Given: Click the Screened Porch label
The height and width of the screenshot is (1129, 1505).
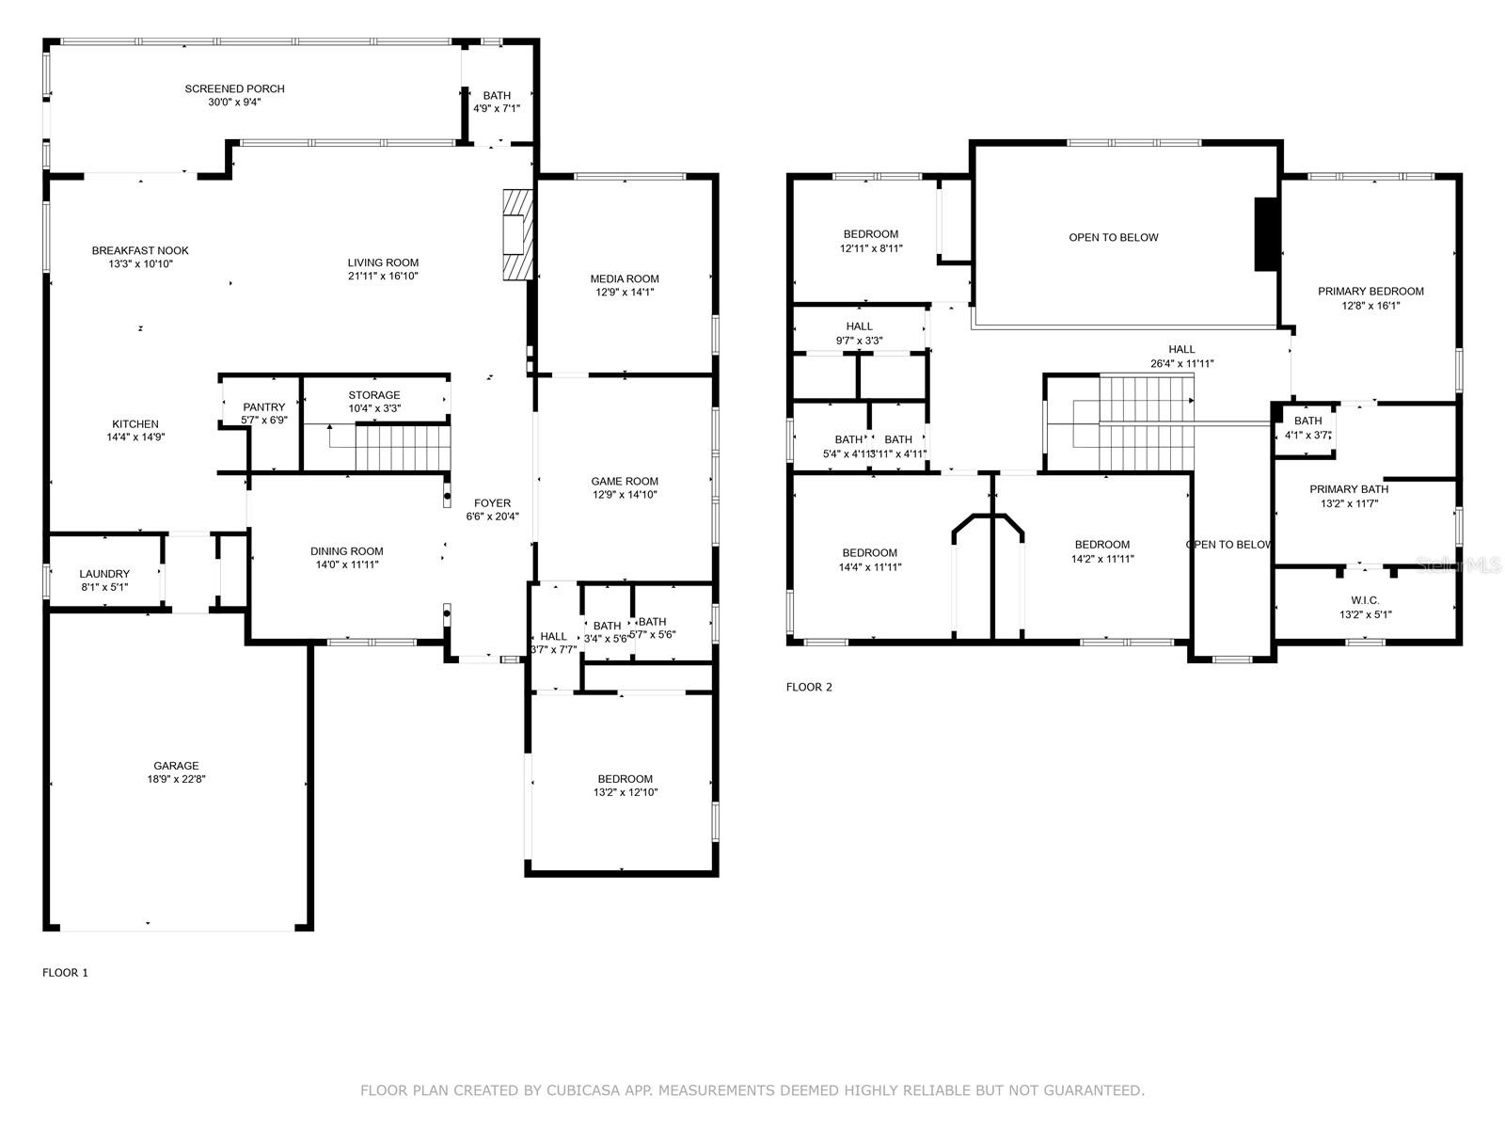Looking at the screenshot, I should click(x=234, y=88).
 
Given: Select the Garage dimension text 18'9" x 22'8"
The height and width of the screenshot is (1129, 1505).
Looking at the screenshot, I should click(x=177, y=779).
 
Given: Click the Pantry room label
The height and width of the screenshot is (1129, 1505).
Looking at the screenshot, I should click(x=263, y=407).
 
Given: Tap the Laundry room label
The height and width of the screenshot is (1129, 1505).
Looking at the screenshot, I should click(x=104, y=574).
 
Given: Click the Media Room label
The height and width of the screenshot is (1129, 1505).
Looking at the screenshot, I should click(x=625, y=278).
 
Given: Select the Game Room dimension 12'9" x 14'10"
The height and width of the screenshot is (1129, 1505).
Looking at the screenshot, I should click(x=625, y=495).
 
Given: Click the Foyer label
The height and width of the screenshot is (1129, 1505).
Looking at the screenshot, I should click(x=492, y=503).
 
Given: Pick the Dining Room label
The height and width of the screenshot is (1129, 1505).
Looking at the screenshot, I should click(x=347, y=551).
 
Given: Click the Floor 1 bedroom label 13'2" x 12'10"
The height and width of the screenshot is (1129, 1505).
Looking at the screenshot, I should click(x=625, y=779).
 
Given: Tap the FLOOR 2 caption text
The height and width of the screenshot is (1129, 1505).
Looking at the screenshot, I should click(x=809, y=687).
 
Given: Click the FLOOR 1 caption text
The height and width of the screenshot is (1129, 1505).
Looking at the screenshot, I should click(x=65, y=973).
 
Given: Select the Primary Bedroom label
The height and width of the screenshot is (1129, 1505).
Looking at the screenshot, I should click(x=1370, y=292).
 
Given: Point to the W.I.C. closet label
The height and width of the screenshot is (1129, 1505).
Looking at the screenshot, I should click(x=1365, y=600).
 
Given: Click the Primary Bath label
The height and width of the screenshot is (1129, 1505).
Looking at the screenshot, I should click(x=1349, y=489).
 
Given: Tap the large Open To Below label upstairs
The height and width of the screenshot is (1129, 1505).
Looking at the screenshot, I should click(x=1114, y=237).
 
